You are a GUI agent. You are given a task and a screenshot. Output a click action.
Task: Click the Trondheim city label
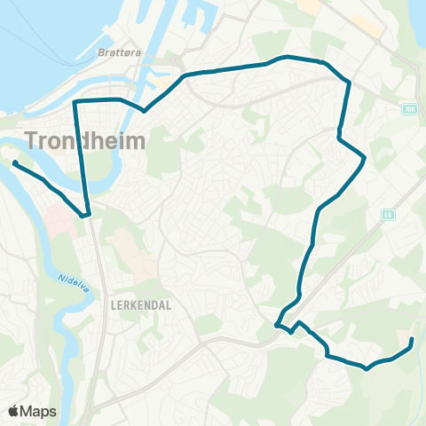point(79,140)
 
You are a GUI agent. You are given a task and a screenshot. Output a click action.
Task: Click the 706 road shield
point(408,109)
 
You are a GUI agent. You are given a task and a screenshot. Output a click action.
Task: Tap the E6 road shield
point(388,214)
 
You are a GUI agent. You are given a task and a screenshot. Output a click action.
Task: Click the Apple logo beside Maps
point(15,411)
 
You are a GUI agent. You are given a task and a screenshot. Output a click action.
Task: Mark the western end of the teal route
point(15,162)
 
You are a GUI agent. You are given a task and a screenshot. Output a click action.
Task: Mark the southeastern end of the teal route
point(413,340)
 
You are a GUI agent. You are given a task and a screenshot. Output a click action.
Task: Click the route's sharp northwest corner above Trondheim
point(75,102)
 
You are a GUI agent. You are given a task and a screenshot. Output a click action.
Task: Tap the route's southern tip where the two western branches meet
point(85,215)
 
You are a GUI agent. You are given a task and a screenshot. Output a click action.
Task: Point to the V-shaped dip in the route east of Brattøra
point(144,112)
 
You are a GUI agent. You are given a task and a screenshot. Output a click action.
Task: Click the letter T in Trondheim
point(35,140)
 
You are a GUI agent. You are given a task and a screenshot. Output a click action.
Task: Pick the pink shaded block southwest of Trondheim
point(57,217)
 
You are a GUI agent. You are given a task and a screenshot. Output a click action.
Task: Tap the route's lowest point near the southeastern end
point(365,368)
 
